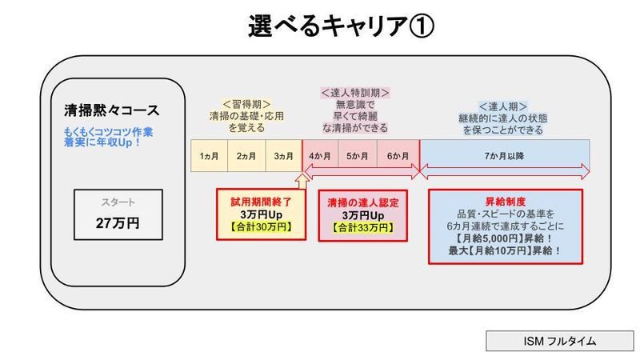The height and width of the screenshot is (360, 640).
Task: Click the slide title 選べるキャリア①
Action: click(x=341, y=27)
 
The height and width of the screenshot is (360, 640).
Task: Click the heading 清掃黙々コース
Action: click(x=111, y=110)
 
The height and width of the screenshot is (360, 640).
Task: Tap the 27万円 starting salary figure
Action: click(x=118, y=223)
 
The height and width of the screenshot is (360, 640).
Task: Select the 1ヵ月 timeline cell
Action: click(x=209, y=156)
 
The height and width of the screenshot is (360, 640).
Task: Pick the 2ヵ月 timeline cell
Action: click(x=246, y=156)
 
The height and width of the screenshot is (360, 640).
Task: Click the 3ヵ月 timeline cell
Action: click(x=283, y=156)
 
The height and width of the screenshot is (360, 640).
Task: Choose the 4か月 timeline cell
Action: click(x=321, y=156)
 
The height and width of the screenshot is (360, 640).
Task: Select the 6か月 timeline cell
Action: click(x=398, y=156)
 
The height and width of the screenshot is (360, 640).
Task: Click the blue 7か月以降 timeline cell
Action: click(x=504, y=156)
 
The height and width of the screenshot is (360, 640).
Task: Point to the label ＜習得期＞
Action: click(x=246, y=104)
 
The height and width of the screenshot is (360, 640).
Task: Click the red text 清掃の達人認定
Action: click(x=362, y=203)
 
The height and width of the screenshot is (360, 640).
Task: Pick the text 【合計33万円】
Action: click(x=362, y=229)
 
